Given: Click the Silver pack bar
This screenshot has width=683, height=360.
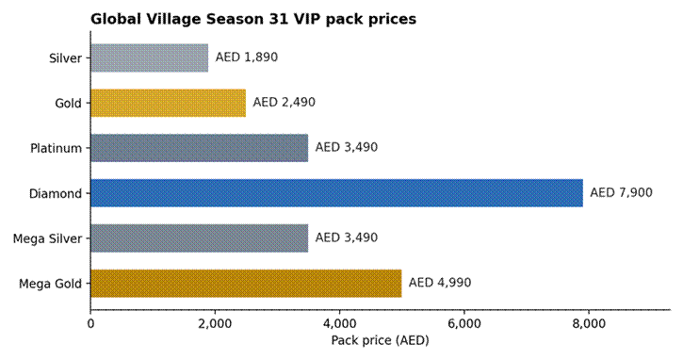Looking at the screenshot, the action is click(x=150, y=57).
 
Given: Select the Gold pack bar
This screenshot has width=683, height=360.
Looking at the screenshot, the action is click(x=168, y=103).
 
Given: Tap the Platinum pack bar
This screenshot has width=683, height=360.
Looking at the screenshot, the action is click(x=200, y=148).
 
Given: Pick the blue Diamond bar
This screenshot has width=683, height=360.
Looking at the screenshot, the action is click(x=336, y=193).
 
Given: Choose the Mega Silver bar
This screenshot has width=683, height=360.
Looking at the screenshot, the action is click(x=200, y=238).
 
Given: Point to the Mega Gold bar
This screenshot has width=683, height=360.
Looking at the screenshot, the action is click(x=246, y=284).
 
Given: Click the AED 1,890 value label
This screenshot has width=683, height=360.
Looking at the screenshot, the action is click(x=247, y=57).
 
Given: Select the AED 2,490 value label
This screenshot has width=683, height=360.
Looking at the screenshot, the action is click(x=284, y=103).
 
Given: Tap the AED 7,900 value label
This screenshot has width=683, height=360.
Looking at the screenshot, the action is click(x=621, y=192).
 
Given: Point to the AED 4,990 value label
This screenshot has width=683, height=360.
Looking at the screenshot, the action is click(x=440, y=283).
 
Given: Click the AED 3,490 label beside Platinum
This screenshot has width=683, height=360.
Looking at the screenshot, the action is click(x=347, y=147).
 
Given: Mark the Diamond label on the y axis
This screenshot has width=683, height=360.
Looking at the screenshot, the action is click(x=56, y=193).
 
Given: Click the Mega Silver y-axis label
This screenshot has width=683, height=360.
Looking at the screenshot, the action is click(x=47, y=238).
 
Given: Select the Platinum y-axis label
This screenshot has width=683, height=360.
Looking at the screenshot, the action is click(x=56, y=148).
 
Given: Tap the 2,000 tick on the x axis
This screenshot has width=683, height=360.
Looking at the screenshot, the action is click(x=214, y=324).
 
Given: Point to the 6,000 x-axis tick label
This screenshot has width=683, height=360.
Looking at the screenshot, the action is click(x=463, y=324).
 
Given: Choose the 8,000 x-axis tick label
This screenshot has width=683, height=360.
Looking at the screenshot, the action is click(x=589, y=324).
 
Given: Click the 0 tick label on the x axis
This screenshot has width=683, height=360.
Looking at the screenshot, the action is click(x=90, y=324).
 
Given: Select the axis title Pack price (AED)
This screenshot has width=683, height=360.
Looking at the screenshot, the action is click(x=380, y=340).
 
